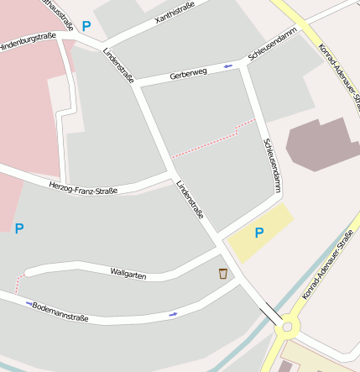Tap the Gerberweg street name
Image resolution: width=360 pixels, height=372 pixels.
[188, 74]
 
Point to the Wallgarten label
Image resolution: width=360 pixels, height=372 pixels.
[128, 272]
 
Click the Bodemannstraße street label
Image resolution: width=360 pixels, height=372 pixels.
[60, 311]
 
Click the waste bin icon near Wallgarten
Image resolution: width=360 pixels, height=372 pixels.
[222, 273]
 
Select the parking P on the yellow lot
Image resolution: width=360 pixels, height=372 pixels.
[259, 233]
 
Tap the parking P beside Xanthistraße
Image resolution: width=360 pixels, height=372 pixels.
[86, 27]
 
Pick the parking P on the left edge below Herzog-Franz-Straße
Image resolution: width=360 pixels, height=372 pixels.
[19, 228]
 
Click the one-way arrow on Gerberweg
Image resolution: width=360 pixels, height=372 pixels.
[228, 65]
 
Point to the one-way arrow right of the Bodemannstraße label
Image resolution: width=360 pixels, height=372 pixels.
[174, 314]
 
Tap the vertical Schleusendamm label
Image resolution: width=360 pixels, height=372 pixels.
[272, 160]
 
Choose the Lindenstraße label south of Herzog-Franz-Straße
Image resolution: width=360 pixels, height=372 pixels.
[190, 200]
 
